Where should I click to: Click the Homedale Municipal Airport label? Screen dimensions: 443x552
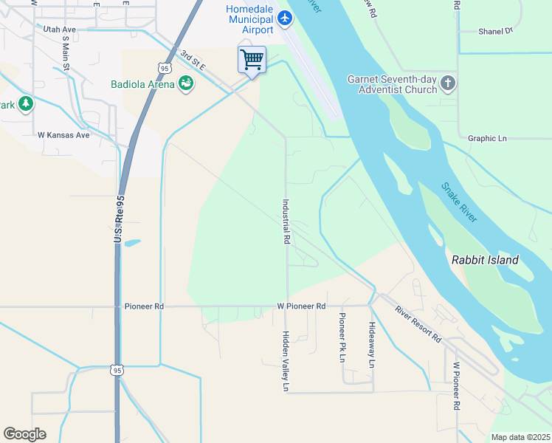click(250, 18)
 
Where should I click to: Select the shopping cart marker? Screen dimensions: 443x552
click(252, 59)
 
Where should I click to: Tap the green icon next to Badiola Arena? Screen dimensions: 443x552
click(186, 83)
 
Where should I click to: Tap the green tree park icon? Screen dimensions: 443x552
click(26, 103)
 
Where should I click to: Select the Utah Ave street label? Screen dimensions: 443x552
click(60, 30)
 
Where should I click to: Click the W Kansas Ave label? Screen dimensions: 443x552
click(63, 135)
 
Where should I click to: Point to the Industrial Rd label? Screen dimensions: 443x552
click(286, 221)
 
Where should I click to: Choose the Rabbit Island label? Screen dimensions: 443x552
click(485, 260)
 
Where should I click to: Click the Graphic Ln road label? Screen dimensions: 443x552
click(487, 138)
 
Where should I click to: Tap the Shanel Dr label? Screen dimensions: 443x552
click(495, 32)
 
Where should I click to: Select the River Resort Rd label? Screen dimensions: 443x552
click(417, 323)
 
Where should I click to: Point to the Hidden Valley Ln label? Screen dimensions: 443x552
click(286, 360)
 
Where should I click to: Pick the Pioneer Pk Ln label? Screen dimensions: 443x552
click(342, 337)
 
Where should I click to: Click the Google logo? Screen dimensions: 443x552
click(25, 434)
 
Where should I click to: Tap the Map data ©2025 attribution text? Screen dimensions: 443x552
click(520, 437)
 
